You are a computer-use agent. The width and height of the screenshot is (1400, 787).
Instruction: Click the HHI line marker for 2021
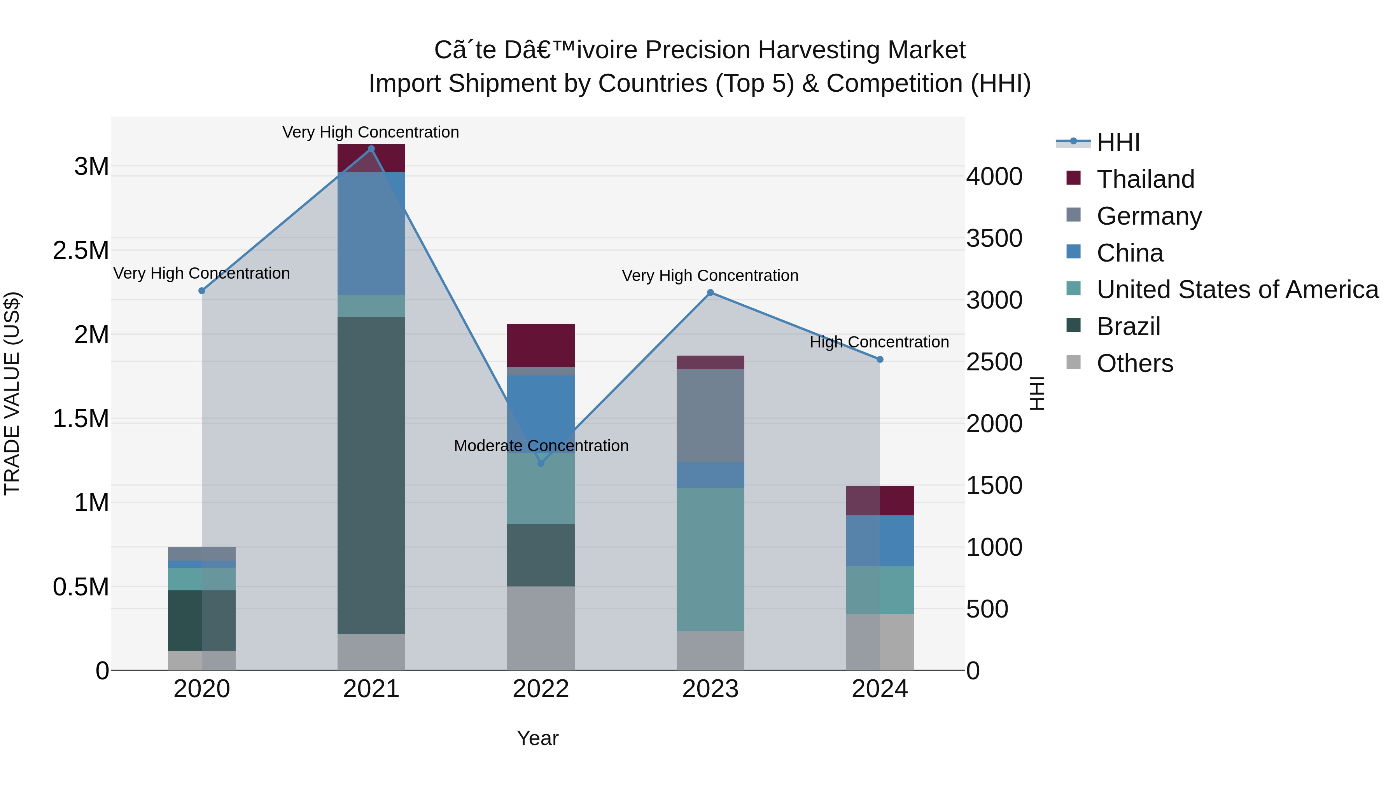pyautogui.click(x=371, y=149)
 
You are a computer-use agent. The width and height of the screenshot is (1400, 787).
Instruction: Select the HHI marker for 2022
pyautogui.click(x=541, y=463)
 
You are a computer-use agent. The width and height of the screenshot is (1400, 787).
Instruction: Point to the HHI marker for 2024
pyautogui.click(x=880, y=359)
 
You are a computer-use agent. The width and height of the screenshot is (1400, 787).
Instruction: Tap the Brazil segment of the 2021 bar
pyautogui.click(x=371, y=475)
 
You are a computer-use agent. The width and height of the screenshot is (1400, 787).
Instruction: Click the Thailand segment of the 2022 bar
pyautogui.click(x=541, y=346)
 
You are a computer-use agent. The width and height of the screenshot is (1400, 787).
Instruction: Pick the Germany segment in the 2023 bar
pyautogui.click(x=710, y=415)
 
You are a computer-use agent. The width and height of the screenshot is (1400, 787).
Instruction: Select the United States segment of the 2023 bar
pyautogui.click(x=710, y=559)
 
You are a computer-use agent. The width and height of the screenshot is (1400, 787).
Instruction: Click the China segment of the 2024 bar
pyautogui.click(x=880, y=541)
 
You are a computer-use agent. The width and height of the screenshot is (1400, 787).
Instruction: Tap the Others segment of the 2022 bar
pyautogui.click(x=541, y=628)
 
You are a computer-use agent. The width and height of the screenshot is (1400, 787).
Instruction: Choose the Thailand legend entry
pyautogui.click(x=1145, y=179)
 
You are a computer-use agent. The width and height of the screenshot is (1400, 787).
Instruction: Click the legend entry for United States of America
pyautogui.click(x=1237, y=290)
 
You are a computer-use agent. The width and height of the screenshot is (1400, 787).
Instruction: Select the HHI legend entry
pyautogui.click(x=1118, y=142)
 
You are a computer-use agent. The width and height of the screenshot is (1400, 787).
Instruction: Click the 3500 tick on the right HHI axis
pyautogui.click(x=994, y=239)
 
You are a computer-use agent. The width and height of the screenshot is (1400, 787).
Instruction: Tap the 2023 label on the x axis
pyautogui.click(x=710, y=689)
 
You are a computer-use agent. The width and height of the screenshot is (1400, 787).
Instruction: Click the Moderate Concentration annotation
pyautogui.click(x=541, y=446)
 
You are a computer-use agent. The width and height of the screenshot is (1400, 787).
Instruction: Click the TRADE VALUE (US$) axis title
pyautogui.click(x=12, y=393)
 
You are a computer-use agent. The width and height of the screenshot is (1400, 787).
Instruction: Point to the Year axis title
pyautogui.click(x=537, y=738)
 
